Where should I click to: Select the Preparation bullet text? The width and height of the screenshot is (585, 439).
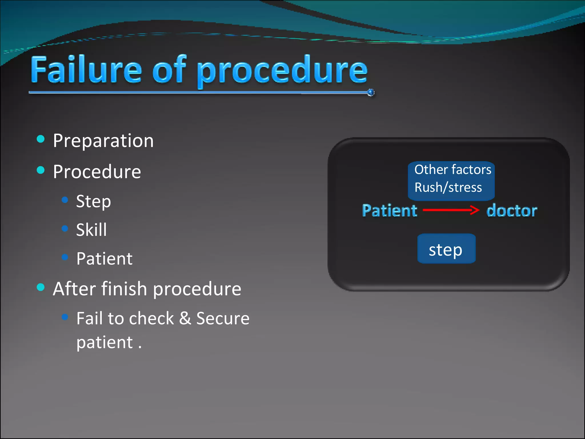103,141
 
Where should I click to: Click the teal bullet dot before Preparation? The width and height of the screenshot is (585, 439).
41,139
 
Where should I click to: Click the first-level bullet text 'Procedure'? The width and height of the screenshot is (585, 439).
97,172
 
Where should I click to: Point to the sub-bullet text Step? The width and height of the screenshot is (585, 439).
93,201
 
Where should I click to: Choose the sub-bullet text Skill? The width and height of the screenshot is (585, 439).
91,230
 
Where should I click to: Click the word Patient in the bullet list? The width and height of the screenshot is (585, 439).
104,259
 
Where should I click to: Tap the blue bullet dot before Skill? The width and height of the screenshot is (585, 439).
65,228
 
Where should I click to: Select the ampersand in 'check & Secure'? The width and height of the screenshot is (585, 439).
185,318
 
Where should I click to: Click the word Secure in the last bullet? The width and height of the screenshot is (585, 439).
223,318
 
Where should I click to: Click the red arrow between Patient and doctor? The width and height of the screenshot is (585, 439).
451,210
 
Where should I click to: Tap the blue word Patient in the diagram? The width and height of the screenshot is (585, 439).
389,211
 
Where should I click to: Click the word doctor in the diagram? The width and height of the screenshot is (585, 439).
512,211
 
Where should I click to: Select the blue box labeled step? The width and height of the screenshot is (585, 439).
446,249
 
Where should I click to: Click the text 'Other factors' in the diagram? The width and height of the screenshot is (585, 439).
453,169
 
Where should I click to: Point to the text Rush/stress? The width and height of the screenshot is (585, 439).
448,187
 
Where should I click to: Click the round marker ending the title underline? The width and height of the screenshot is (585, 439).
371,93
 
